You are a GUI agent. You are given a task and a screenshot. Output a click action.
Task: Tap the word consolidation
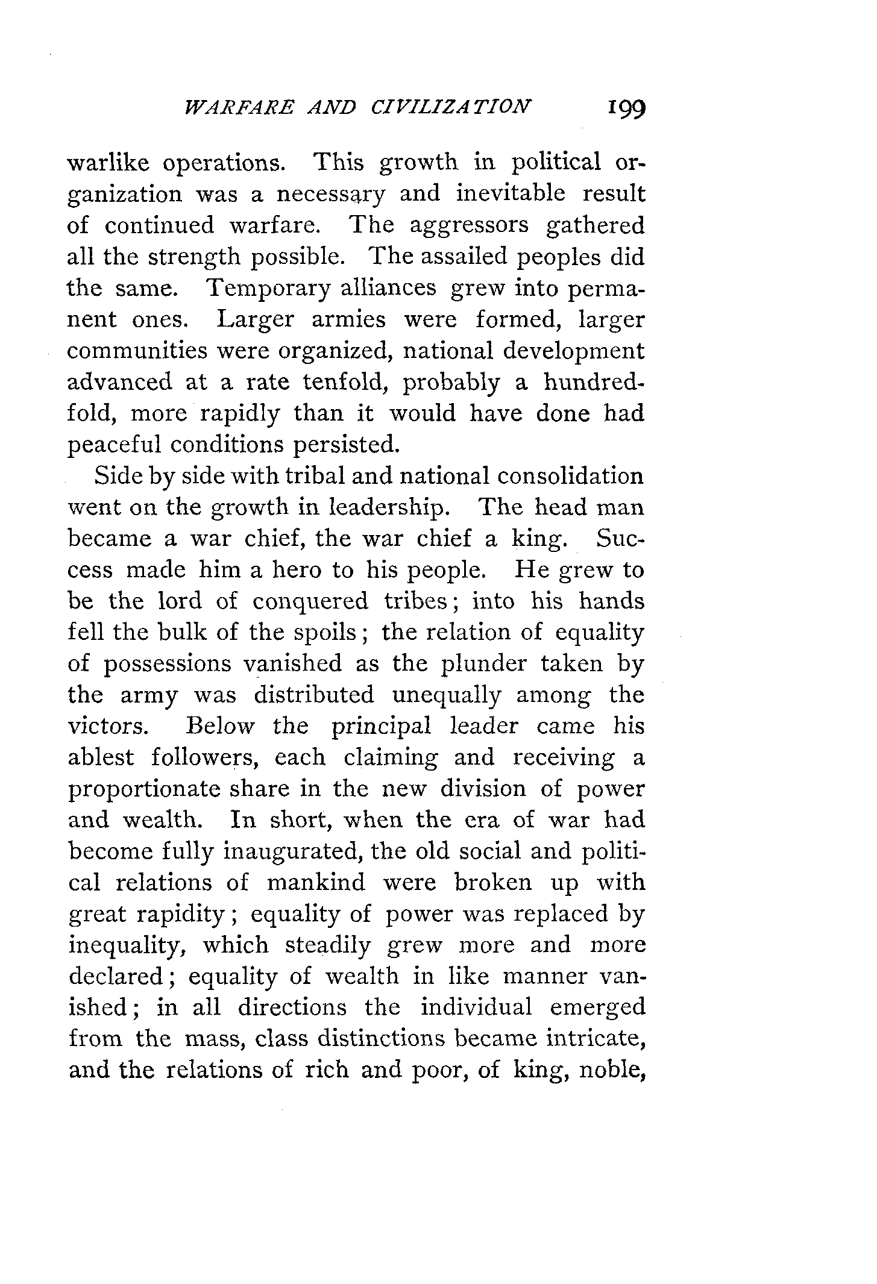click(x=570, y=476)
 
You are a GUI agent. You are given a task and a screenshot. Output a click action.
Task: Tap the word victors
click(x=107, y=726)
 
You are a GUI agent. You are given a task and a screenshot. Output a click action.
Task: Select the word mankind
click(x=316, y=883)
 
